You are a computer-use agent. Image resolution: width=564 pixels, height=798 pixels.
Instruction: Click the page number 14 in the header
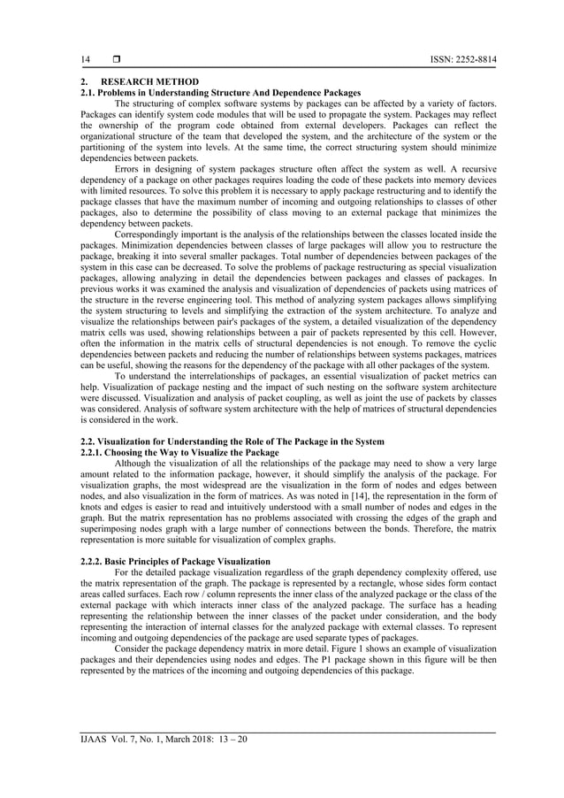(86, 59)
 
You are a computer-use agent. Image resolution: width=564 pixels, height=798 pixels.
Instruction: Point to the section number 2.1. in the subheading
(89, 92)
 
